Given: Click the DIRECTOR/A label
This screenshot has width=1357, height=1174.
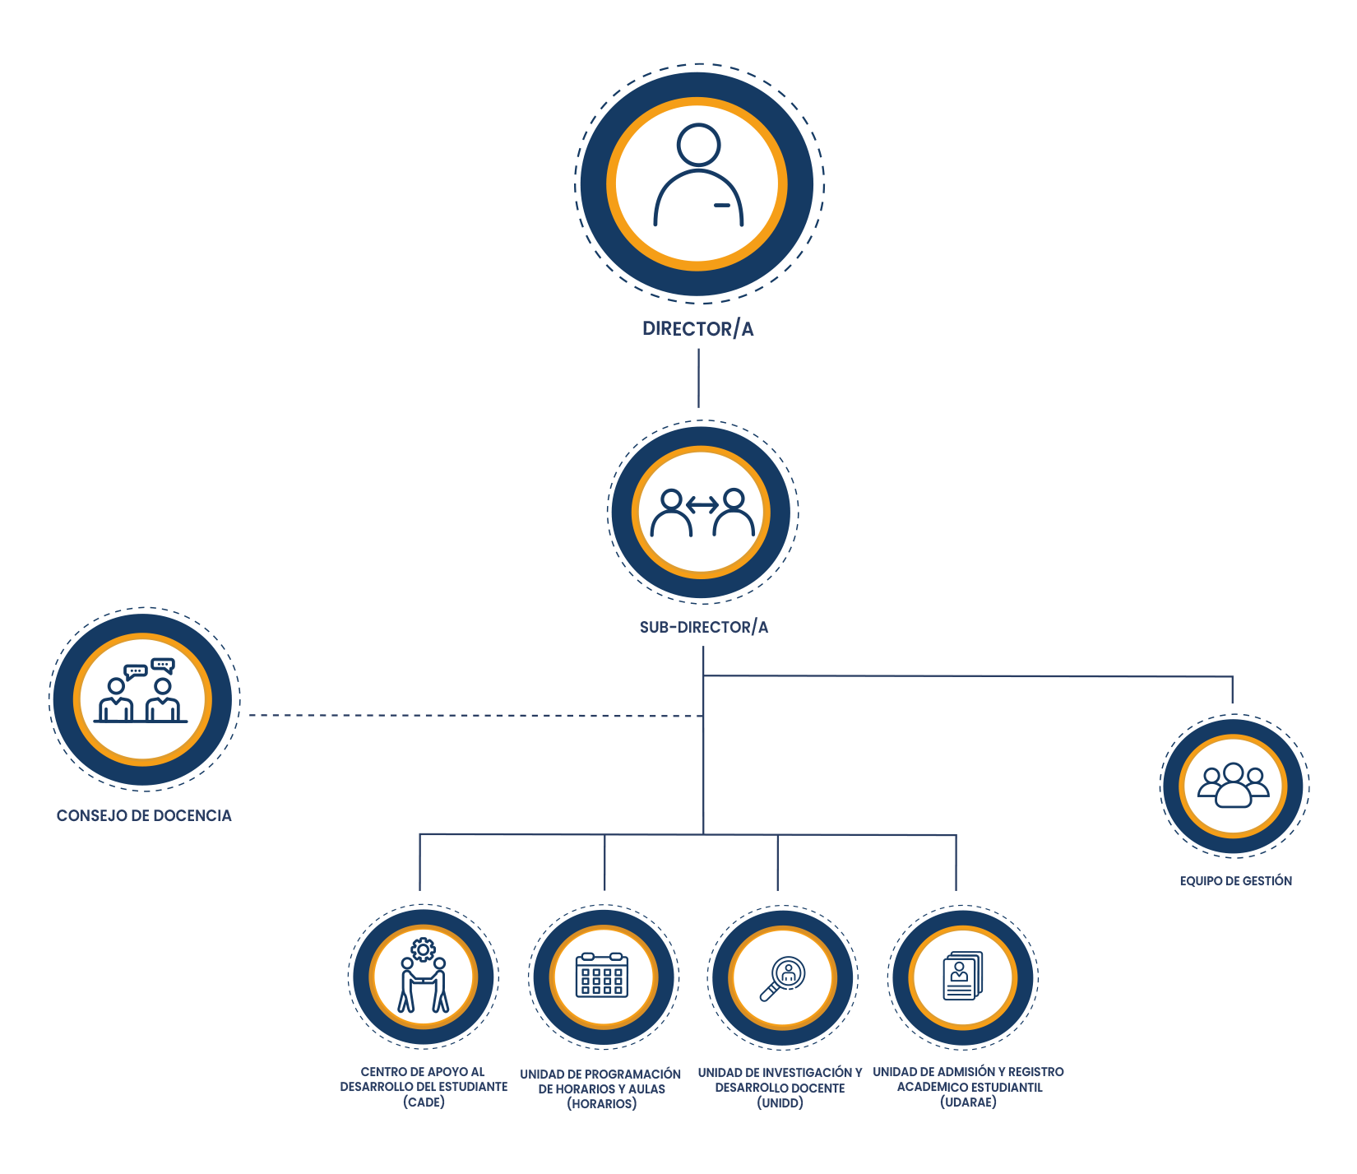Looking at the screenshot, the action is [697, 329].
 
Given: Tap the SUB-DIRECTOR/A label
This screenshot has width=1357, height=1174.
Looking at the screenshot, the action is [704, 628].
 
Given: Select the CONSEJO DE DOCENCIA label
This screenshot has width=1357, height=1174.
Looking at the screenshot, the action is [144, 816].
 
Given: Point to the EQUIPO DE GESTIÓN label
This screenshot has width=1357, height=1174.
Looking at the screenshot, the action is [1235, 881].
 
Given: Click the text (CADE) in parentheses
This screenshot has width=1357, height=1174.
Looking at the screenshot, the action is [424, 1102].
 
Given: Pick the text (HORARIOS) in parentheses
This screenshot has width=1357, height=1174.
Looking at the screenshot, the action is [602, 1104].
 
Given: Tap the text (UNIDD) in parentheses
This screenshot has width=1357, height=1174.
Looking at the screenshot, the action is [780, 1103].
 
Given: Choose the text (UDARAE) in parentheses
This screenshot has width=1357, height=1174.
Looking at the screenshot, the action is [968, 1102].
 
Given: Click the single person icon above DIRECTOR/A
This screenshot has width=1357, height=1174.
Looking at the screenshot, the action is [698, 175].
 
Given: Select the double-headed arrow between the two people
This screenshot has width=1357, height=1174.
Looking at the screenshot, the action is [702, 504].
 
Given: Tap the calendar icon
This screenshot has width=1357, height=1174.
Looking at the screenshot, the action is [602, 976].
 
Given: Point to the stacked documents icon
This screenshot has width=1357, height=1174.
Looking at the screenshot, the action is [962, 977].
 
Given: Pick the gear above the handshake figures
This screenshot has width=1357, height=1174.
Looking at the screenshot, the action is [423, 950].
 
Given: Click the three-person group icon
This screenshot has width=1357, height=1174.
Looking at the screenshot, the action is [1234, 786].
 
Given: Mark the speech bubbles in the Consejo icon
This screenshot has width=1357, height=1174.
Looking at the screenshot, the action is [150, 668].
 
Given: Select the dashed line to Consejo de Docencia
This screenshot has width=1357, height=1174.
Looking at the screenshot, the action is [475, 716].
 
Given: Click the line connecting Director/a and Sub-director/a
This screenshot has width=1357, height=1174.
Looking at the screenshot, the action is [699, 378].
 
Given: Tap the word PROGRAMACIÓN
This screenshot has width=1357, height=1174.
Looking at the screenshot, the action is [632, 1074].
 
